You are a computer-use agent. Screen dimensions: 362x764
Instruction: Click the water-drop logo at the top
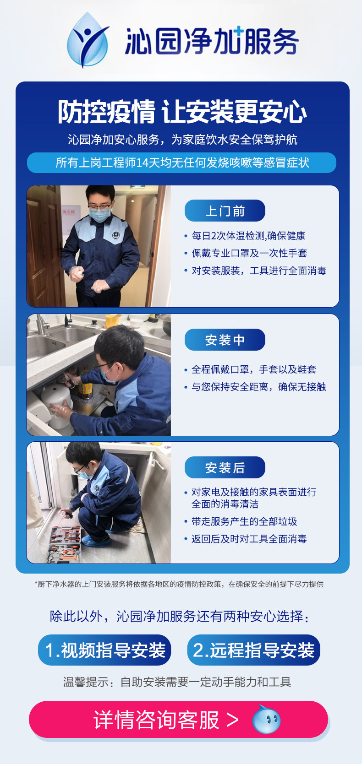(x=88, y=39)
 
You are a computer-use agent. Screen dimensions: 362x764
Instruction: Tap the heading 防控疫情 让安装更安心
(x=182, y=112)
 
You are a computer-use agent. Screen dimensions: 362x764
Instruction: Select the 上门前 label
(x=225, y=211)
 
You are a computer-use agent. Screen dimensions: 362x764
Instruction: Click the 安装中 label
(x=225, y=340)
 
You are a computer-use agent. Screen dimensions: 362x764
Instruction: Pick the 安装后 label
(x=225, y=467)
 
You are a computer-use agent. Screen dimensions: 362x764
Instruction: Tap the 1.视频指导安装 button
(x=104, y=650)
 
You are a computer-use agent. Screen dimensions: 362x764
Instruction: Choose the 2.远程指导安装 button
(x=253, y=650)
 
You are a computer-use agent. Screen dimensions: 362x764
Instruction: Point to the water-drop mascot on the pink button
(x=266, y=719)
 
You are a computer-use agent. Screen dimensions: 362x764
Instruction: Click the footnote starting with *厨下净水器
(x=179, y=584)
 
